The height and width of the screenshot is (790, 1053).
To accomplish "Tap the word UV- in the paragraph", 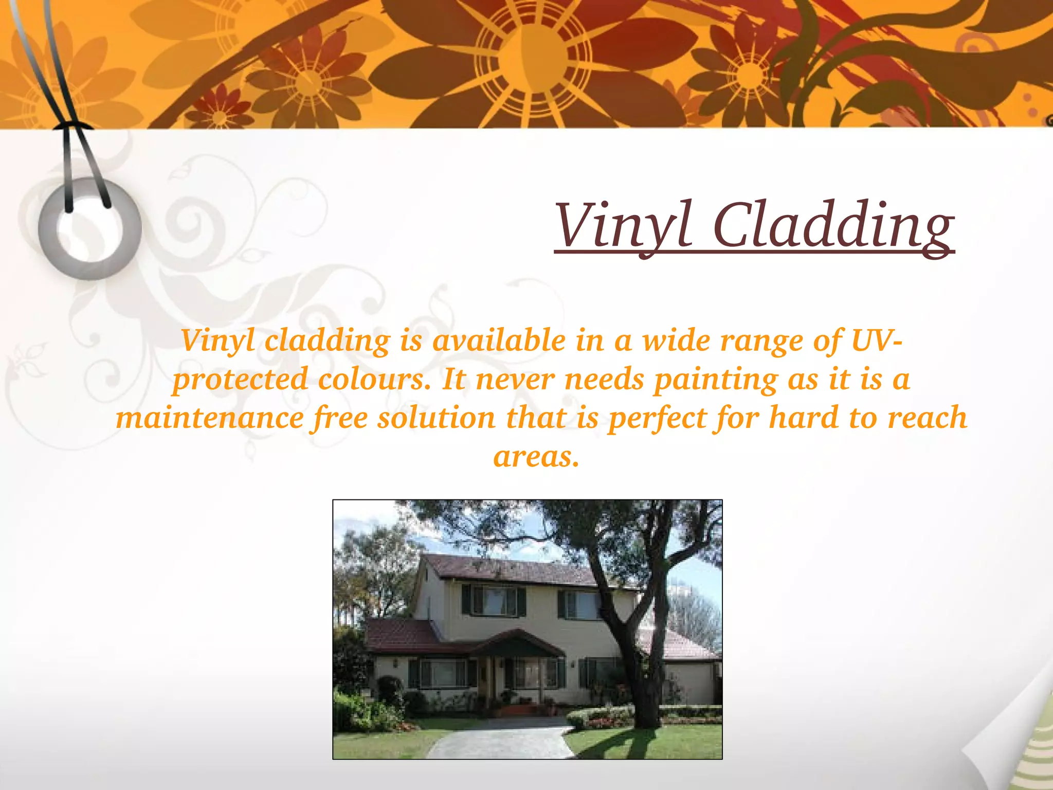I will click(876, 340).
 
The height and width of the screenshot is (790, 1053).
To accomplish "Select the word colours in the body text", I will click(374, 379).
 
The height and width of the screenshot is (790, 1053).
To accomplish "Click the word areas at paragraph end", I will click(536, 456).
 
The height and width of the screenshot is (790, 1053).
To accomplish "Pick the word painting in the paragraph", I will click(716, 379).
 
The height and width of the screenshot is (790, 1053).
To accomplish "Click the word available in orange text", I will click(499, 340).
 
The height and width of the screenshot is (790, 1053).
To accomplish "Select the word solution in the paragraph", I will click(436, 417).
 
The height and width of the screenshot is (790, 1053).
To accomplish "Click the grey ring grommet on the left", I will click(89, 229).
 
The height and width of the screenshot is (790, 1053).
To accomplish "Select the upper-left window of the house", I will click(494, 600).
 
